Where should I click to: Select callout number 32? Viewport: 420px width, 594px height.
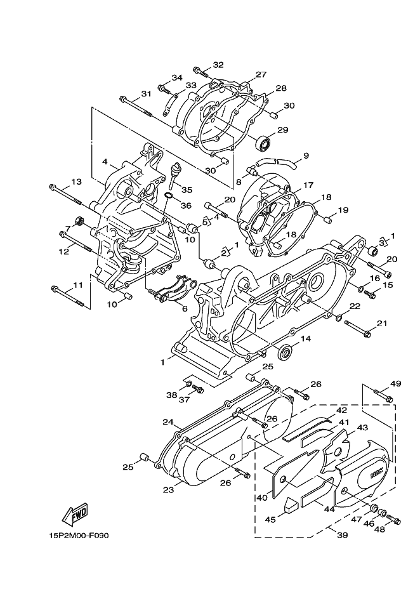pos(218,65)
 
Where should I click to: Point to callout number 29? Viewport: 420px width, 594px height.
pos(282,130)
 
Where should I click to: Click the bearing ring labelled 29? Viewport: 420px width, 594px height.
pos(263,142)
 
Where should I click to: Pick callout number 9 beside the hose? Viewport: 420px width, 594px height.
pos(305,155)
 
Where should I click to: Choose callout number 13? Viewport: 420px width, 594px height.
pos(76,182)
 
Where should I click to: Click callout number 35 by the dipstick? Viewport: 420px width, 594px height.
pos(186,190)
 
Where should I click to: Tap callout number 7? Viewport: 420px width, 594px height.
pos(67,228)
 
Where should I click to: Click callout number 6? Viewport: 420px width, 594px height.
pos(184,308)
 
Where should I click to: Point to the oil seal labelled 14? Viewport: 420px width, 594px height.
pos(286,351)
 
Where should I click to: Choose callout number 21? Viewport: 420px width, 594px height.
pos(381,324)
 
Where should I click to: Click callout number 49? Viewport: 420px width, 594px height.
pos(396,383)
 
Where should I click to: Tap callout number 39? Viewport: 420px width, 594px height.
pos(342,536)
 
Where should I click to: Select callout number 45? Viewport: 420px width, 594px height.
pos(270,520)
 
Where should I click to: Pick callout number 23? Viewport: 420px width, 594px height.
pos(167,489)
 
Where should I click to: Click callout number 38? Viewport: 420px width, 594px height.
pos(171,395)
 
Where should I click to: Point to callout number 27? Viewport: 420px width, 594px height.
pos(261,75)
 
